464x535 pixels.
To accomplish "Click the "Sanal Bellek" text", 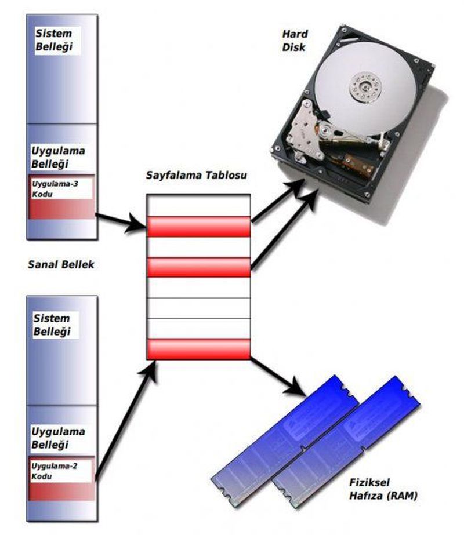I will [60, 264].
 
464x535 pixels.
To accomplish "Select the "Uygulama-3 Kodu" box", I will [61, 197].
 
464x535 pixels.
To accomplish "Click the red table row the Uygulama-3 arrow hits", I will [198, 227].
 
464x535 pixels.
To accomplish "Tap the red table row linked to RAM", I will [198, 348].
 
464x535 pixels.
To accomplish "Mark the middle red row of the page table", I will [198, 267].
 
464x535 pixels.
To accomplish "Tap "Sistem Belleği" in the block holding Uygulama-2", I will [52, 325].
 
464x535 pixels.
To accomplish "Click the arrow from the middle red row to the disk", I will [284, 229].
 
